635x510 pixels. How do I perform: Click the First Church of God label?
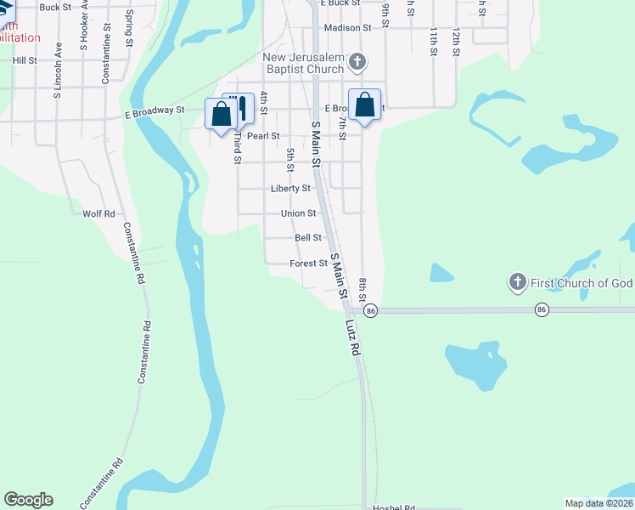coord(582,282)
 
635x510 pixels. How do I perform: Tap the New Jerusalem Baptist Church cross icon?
coord(357,61)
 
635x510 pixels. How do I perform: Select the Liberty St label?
coord(291,188)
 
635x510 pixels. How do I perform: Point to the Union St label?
coord(299,213)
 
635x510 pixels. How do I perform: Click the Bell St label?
coord(308,239)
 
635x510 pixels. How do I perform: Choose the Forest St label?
coord(308,263)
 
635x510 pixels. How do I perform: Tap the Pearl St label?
coord(263,135)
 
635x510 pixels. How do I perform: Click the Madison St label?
coord(348,27)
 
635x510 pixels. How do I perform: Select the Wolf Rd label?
coord(98,214)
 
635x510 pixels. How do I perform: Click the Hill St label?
coord(25,60)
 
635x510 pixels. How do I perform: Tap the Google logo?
coord(28,500)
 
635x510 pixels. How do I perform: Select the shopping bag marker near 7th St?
coord(364,106)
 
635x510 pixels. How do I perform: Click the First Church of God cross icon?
coord(517,281)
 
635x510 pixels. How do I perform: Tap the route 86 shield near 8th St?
coord(371,312)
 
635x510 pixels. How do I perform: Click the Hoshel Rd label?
coord(393,507)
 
